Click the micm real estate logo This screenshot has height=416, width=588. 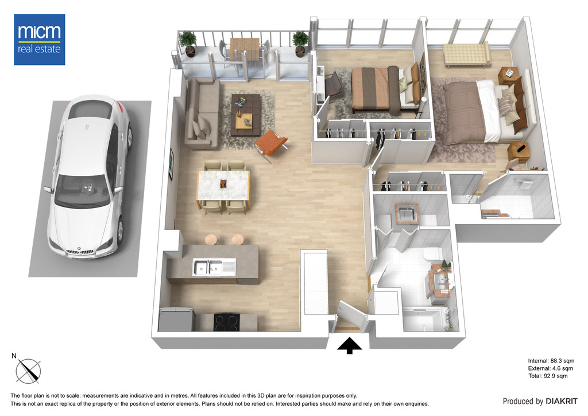point(40,40)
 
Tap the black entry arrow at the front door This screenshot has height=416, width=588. point(349,345)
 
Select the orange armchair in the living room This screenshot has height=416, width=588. point(272,144)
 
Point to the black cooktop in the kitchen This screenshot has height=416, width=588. point(226,322)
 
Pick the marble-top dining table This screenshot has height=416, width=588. point(223,186)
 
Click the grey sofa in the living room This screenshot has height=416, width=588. point(202,113)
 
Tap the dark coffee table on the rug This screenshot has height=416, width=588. point(246,115)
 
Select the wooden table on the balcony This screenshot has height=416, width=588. point(244,49)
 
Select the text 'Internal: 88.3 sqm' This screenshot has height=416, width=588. point(551,361)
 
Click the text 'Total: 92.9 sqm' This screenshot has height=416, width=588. point(548,376)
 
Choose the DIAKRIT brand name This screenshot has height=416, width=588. point(562,402)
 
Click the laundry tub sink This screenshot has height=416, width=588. point(406,214)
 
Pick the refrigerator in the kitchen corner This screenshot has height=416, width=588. point(176,319)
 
